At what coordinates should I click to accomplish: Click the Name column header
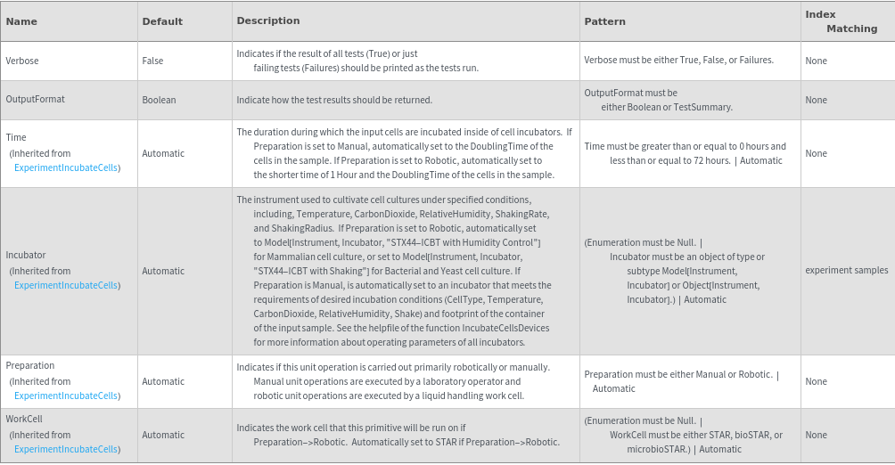pos(21,21)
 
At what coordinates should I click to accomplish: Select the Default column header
pos(162,21)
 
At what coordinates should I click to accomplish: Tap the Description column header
pos(267,20)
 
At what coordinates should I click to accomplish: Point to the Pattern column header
pos(604,21)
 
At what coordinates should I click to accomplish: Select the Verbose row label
pos(22,61)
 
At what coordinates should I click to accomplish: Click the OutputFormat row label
pos(35,99)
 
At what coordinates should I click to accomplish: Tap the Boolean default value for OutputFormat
pos(159,100)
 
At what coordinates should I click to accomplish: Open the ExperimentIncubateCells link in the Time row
pos(67,167)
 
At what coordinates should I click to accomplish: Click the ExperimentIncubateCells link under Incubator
pos(67,285)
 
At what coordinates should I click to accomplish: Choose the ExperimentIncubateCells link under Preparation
pos(67,396)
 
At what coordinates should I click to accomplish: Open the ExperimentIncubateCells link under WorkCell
pos(67,449)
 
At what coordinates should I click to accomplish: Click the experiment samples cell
pos(846,270)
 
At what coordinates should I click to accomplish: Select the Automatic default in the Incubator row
pos(163,271)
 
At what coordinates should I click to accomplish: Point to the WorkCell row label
pos(24,419)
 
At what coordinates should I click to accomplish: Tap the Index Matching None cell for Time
pos(816,153)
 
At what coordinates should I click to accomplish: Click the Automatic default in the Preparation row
pos(163,381)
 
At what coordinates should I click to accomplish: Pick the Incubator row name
pos(26,255)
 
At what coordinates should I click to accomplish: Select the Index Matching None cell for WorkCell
pos(816,435)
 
